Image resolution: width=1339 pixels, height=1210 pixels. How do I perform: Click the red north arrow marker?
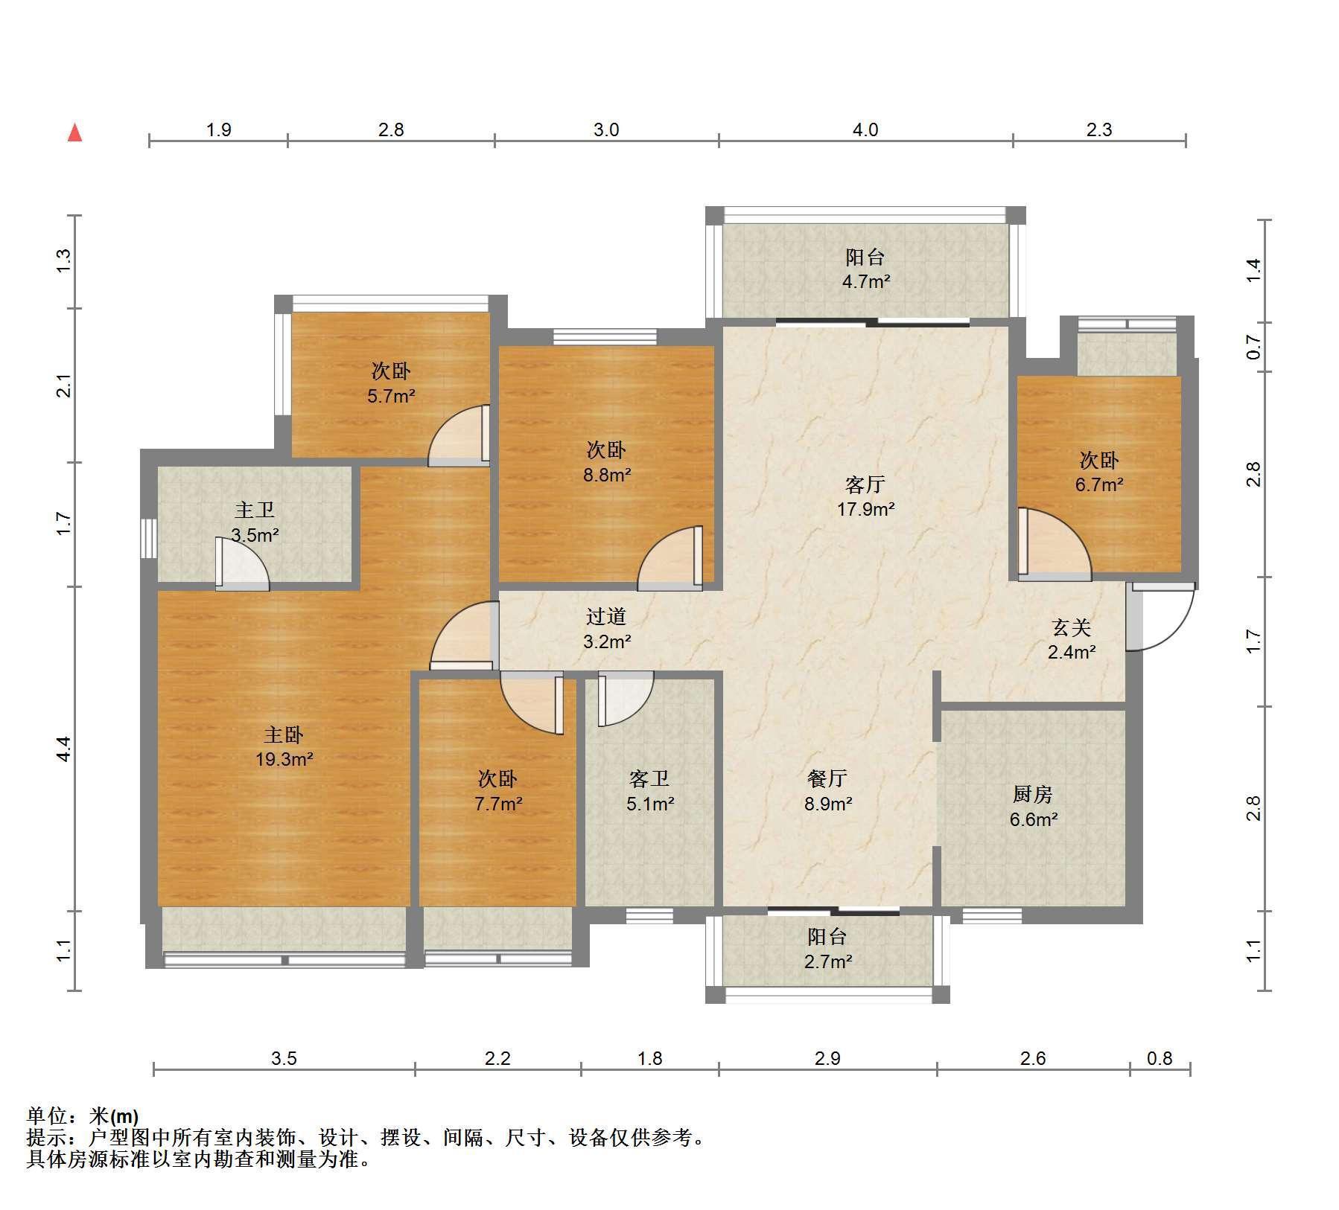[74, 133]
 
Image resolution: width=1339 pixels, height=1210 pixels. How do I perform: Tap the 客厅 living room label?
[865, 485]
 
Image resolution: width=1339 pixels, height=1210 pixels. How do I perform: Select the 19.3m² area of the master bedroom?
[284, 760]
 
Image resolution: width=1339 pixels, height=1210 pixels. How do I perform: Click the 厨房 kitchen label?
[1033, 795]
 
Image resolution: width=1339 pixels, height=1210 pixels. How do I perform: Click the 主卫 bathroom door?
[242, 563]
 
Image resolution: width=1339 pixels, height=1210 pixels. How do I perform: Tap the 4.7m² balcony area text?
[865, 281]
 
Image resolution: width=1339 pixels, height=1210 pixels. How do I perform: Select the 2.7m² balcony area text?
[827, 961]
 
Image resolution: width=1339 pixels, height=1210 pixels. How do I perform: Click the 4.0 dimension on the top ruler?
[865, 130]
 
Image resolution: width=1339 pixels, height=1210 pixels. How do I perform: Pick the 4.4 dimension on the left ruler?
[64, 749]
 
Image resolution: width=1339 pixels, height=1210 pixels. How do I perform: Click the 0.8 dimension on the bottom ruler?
[1160, 1058]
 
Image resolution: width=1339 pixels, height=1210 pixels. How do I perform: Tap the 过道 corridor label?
[606, 617]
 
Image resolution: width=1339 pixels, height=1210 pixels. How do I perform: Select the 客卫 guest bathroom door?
[625, 698]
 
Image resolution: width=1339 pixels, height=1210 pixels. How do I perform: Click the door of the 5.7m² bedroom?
[459, 435]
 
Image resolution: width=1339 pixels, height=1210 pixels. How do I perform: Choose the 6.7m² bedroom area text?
[1099, 484]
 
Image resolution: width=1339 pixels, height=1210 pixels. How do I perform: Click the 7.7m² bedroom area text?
[497, 804]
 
